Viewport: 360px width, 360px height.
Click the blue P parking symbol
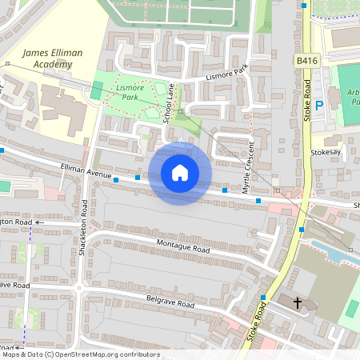319,104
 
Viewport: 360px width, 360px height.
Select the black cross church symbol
298,303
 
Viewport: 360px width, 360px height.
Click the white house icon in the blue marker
180,173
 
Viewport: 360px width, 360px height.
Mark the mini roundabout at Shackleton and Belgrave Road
78,288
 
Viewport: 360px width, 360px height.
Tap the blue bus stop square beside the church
262,298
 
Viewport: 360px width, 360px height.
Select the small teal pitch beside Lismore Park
97,90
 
